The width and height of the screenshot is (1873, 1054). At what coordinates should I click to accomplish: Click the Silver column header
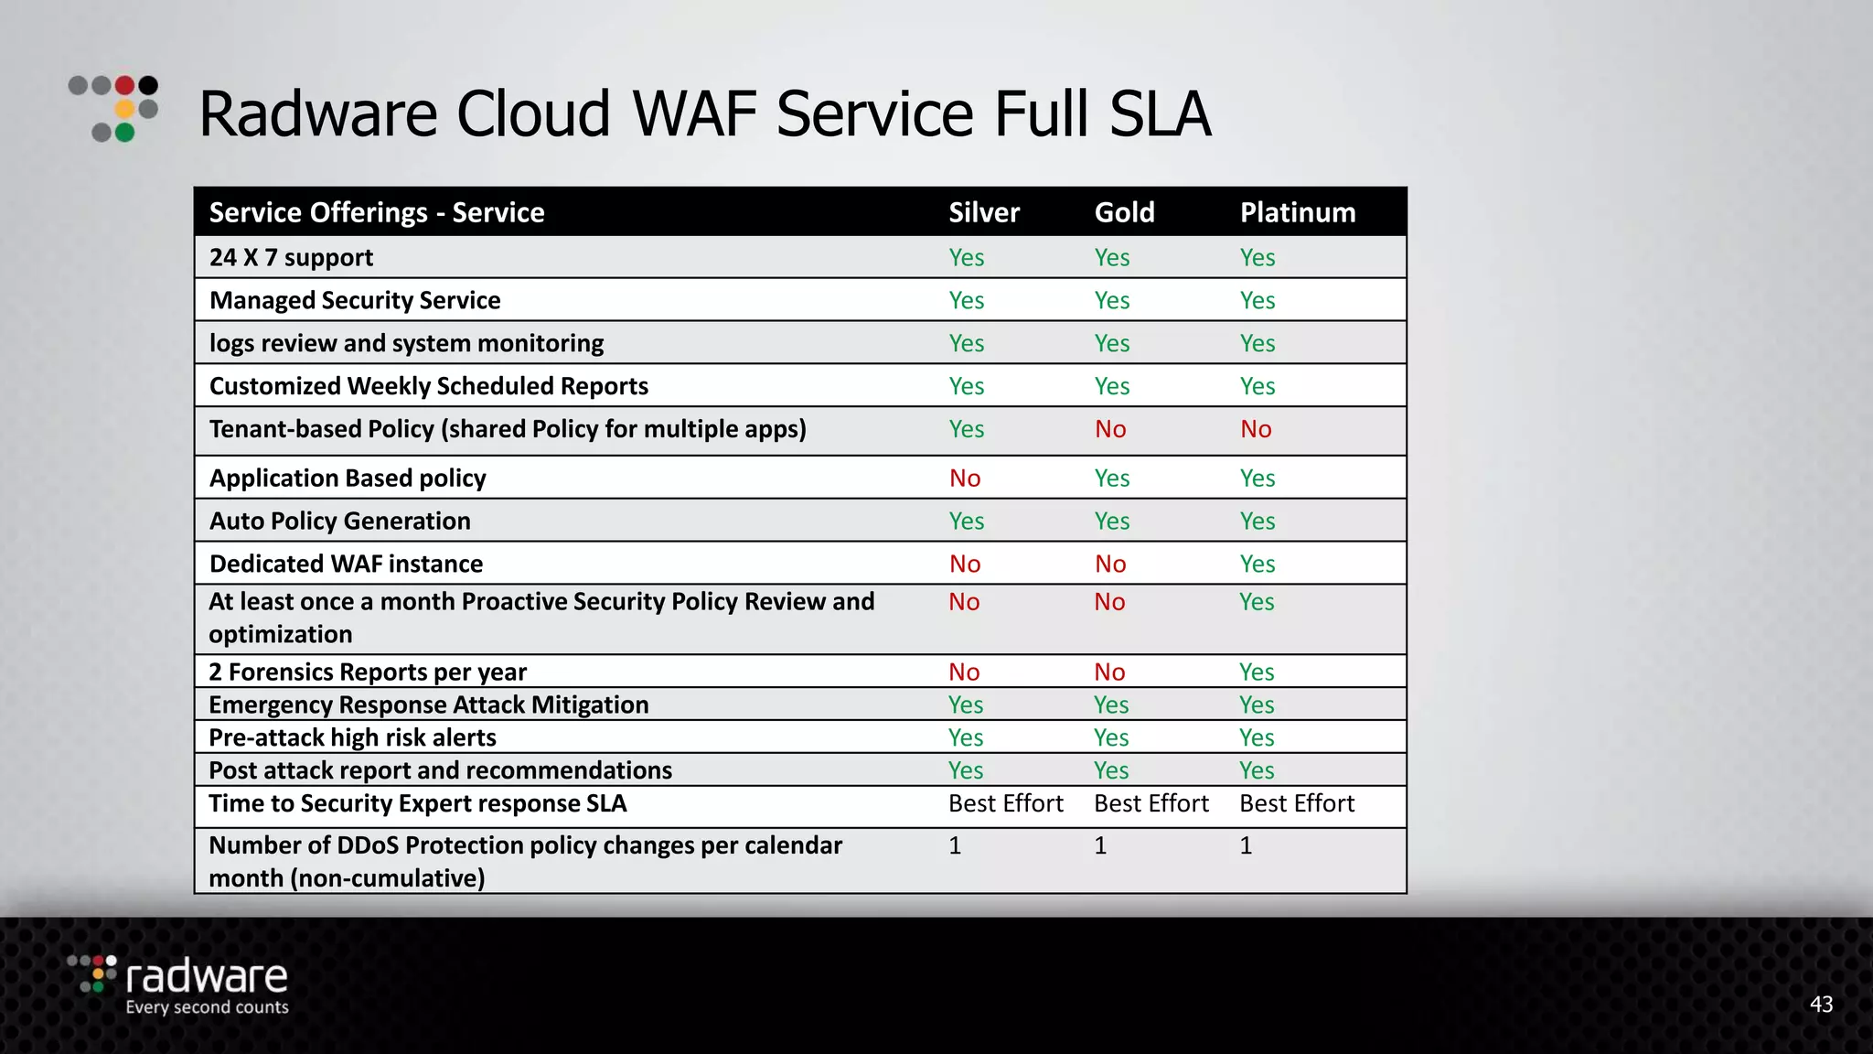[x=983, y=212]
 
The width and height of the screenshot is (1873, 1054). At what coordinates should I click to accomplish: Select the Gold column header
[x=1124, y=212]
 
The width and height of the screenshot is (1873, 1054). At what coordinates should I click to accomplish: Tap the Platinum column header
[x=1297, y=212]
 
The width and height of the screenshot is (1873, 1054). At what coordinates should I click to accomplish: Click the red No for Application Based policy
[x=964, y=478]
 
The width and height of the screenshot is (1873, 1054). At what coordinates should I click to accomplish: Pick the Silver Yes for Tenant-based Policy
[x=966, y=429]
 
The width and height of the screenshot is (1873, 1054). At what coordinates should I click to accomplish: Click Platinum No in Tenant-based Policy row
[x=1256, y=429]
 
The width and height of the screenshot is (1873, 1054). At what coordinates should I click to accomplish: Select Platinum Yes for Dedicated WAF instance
[x=1257, y=564]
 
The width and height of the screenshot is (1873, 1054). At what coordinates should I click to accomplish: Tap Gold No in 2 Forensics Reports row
[x=1109, y=672]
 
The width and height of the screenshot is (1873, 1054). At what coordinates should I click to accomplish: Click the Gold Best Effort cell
[x=1151, y=803]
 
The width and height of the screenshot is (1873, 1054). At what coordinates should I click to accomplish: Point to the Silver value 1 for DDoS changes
[x=955, y=845]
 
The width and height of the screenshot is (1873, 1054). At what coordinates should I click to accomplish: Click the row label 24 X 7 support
[x=291, y=257]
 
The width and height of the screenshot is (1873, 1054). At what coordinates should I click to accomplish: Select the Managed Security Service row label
[x=355, y=300]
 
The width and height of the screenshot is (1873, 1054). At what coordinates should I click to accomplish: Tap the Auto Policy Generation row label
[x=339, y=521]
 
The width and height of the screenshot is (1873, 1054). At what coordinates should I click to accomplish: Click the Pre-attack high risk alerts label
[x=352, y=737]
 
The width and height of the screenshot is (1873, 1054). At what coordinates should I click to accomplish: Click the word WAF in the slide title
[x=694, y=114]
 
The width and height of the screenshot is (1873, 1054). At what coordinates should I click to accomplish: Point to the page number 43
[x=1820, y=1005]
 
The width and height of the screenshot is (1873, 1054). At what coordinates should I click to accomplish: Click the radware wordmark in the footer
[x=207, y=976]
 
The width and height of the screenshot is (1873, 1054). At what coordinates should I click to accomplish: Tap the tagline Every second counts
[x=207, y=1007]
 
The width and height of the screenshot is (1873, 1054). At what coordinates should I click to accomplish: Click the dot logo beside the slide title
[x=114, y=109]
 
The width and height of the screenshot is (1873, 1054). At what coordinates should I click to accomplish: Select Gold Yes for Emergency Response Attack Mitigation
[x=1110, y=704]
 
